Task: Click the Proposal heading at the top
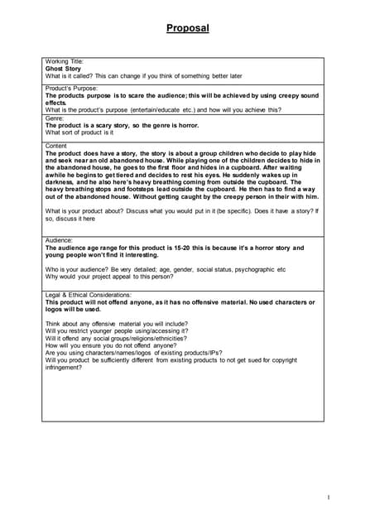tap(187, 28)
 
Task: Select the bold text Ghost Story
tap(62, 69)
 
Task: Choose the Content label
tap(56, 146)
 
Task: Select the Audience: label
tap(59, 240)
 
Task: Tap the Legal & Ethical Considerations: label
tap(91, 294)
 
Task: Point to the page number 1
tap(329, 497)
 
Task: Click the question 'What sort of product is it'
tap(79, 132)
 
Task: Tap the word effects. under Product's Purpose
tap(57, 103)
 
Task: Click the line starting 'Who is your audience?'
tap(166, 269)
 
